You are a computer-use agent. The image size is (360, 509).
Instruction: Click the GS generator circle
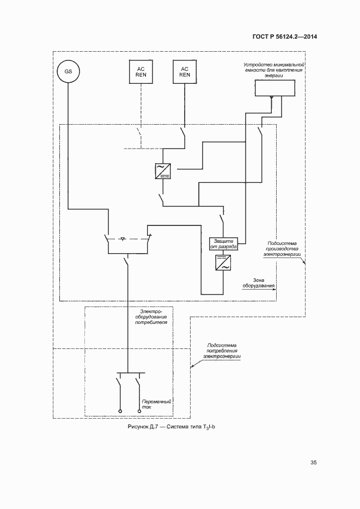coord(68,71)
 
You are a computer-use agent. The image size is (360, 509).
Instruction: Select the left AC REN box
coord(140,71)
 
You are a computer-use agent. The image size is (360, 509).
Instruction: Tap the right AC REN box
coord(185,71)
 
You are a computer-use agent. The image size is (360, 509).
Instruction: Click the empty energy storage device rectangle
coord(274,87)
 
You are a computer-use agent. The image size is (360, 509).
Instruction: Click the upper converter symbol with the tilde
coord(163,171)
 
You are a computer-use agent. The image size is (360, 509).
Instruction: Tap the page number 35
coord(314,463)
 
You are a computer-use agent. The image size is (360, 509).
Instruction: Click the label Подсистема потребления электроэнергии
coord(223,351)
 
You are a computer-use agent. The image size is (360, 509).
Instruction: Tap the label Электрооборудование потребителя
coord(150,316)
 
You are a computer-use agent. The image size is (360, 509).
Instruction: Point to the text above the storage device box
coord(273,70)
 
